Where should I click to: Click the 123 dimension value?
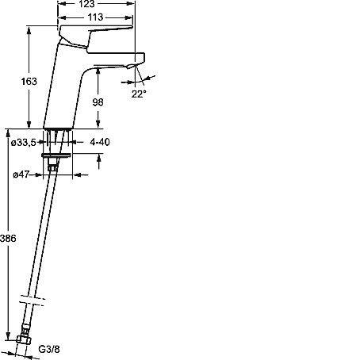86,4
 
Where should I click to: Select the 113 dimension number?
95,17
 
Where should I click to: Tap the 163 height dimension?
29,82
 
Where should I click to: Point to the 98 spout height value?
98,102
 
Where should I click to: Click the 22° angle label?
139,94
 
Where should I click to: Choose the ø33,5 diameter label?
24,143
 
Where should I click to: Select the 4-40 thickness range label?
100,142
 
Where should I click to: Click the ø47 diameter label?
21,174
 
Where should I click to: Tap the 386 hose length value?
8,239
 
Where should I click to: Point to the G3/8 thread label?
49,349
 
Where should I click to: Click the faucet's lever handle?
95,36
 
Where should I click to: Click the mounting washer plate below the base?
56,155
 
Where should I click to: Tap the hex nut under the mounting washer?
52,167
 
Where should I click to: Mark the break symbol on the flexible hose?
32,301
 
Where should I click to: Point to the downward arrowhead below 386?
9,335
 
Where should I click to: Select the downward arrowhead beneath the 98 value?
98,124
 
